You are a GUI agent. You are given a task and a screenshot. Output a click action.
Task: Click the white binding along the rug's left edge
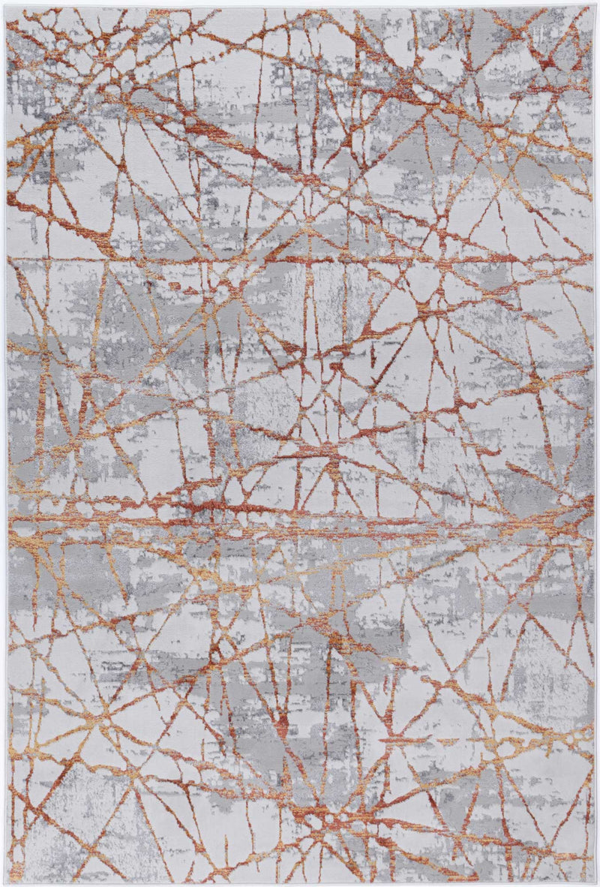tap(6, 450)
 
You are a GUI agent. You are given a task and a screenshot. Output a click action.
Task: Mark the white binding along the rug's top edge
tap(300, 8)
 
